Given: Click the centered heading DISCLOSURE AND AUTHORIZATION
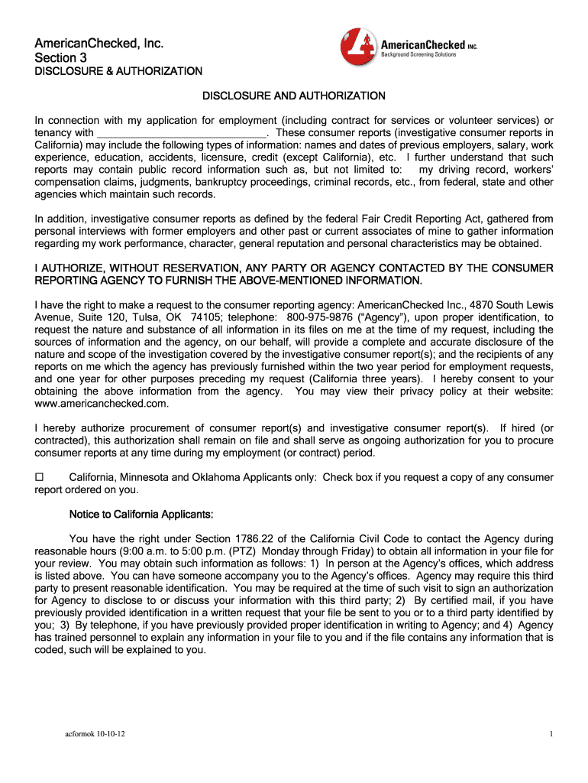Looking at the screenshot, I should click(x=293, y=96).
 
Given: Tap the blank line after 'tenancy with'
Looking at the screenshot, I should click(x=180, y=133).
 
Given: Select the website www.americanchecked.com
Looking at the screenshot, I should click(x=102, y=403).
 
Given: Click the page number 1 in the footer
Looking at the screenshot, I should click(x=550, y=734).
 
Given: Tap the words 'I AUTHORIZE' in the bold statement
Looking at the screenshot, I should click(x=69, y=268).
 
